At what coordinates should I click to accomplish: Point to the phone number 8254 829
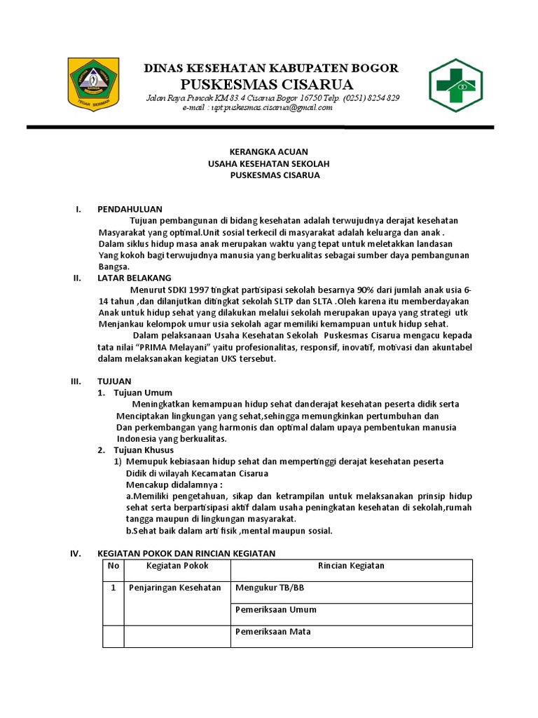tap(382, 97)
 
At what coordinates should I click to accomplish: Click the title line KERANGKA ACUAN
tap(269, 151)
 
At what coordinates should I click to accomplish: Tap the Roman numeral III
tap(76, 381)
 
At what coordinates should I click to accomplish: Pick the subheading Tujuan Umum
tap(143, 393)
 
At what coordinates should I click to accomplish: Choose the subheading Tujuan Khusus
tap(144, 449)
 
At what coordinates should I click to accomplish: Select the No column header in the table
tap(113, 566)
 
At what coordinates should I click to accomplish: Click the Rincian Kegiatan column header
tap(351, 566)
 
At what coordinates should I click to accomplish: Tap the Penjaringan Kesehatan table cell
tap(175, 588)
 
